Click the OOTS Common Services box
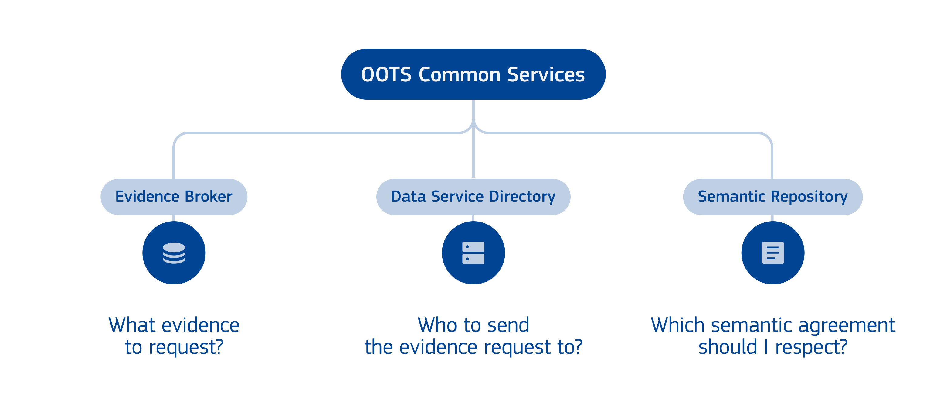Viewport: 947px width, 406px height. point(473,74)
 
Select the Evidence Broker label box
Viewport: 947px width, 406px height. point(174,197)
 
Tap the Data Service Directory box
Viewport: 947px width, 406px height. point(473,197)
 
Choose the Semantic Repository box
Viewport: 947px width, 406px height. point(772,197)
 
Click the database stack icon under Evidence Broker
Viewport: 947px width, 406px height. point(174,253)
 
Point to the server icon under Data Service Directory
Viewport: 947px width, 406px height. point(473,253)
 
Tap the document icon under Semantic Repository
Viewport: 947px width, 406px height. point(773,253)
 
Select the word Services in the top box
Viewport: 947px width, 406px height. point(546,74)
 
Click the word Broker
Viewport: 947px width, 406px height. point(209,197)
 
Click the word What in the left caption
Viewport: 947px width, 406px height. point(132,325)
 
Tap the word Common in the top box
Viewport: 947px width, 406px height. point(460,74)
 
